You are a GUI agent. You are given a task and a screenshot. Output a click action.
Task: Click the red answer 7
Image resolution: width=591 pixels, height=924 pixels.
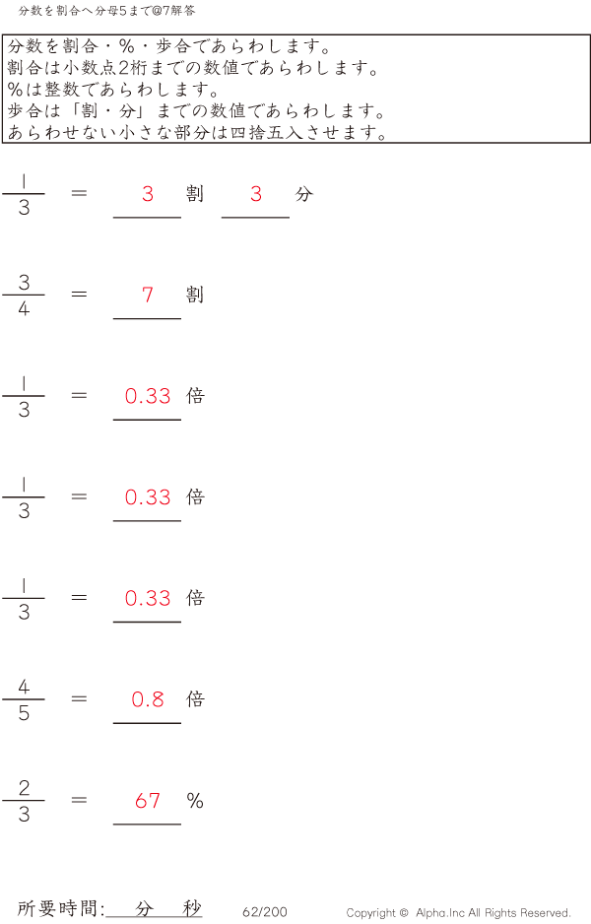148,295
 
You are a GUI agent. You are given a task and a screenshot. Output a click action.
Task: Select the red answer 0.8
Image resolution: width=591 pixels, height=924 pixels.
148,699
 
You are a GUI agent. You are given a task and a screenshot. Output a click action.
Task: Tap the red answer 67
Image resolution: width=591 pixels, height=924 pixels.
148,801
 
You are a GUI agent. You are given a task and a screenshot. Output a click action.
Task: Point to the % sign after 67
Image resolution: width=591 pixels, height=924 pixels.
195,801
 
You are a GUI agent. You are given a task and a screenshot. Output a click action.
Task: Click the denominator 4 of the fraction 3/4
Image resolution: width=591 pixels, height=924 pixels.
24,308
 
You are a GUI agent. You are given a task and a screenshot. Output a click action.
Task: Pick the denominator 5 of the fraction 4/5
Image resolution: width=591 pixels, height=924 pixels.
24,713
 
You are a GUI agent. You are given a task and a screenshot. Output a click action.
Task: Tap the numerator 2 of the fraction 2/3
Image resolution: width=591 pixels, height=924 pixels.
24,787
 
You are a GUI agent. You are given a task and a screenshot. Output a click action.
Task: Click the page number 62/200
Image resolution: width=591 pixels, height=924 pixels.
265,911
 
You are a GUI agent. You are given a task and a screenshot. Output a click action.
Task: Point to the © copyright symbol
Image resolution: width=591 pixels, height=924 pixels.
404,912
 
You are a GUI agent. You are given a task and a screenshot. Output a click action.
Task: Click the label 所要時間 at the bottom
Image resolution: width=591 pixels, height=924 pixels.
57,908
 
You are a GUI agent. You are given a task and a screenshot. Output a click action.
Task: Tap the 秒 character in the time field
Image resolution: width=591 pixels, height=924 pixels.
191,908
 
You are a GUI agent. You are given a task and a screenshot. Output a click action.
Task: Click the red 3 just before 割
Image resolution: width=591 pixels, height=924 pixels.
148,194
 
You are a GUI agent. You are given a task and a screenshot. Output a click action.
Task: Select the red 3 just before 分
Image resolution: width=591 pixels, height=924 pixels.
256,194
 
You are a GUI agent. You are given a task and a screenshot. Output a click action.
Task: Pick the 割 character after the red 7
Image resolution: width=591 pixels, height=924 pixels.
195,295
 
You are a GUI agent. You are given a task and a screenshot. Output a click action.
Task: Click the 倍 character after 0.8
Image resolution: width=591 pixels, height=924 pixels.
195,698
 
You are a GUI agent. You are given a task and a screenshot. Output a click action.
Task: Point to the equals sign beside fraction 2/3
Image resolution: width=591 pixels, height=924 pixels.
79,800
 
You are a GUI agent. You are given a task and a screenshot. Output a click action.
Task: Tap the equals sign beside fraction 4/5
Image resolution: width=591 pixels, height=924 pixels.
79,698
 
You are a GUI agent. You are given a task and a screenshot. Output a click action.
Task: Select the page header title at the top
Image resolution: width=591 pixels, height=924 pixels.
106,11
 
